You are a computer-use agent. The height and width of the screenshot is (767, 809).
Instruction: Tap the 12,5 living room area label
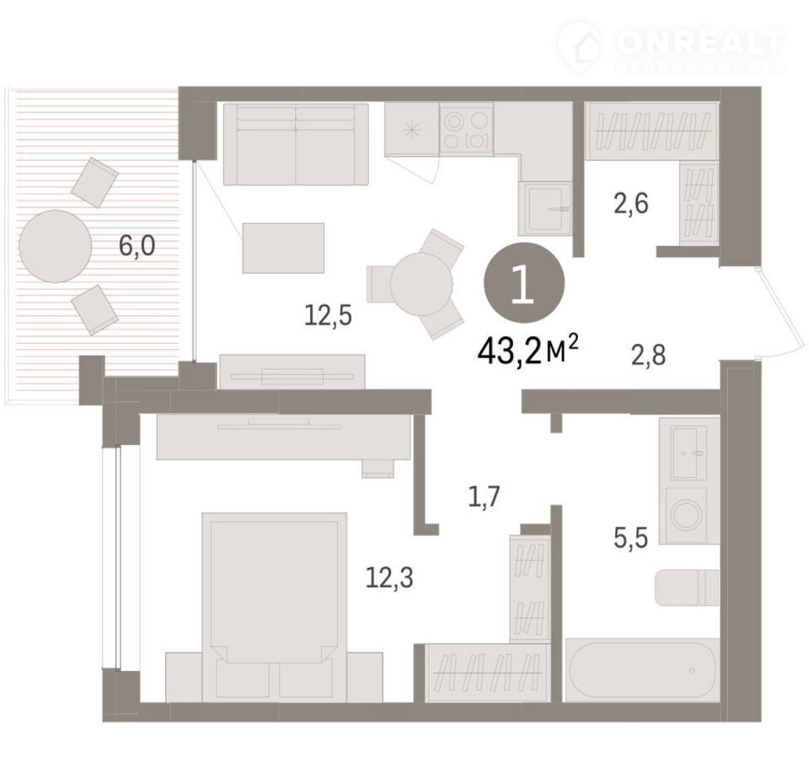tap(328, 315)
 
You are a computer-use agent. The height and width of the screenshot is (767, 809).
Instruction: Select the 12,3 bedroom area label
tap(389, 577)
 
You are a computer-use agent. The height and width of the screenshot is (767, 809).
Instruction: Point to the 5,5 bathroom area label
tap(630, 538)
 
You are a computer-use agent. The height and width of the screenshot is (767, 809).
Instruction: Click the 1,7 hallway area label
tap(485, 497)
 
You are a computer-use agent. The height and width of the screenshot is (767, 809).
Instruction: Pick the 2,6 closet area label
tap(630, 203)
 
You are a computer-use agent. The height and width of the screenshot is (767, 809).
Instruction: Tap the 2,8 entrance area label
tap(649, 356)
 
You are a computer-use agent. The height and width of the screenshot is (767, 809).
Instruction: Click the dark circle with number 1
tap(524, 283)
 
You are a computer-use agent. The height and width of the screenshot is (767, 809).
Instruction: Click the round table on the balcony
tap(56, 246)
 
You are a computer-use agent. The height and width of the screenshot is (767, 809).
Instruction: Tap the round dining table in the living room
tap(421, 283)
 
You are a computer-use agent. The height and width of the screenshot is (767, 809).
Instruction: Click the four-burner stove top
tap(466, 128)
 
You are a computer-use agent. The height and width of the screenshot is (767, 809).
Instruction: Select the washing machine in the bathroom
tap(689, 515)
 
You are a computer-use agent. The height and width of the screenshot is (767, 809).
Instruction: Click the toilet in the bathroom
tap(687, 588)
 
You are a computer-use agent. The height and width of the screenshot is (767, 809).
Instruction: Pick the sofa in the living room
tap(296, 144)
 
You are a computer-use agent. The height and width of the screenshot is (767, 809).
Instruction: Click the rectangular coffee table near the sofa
tap(283, 249)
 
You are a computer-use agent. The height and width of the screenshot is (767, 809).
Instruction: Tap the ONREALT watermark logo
tap(671, 46)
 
